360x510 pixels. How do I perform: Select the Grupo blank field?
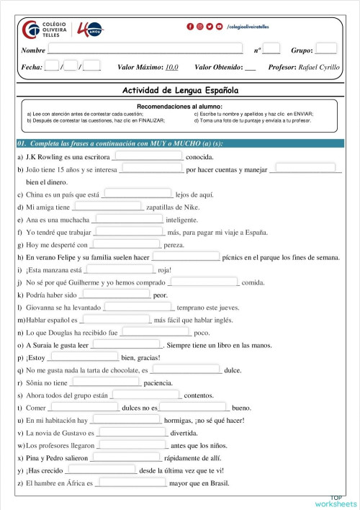click(325, 50)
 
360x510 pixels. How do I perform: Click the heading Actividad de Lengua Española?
click(180, 91)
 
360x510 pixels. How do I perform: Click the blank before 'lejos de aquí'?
click(138, 194)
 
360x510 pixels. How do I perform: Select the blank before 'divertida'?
click(132, 433)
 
